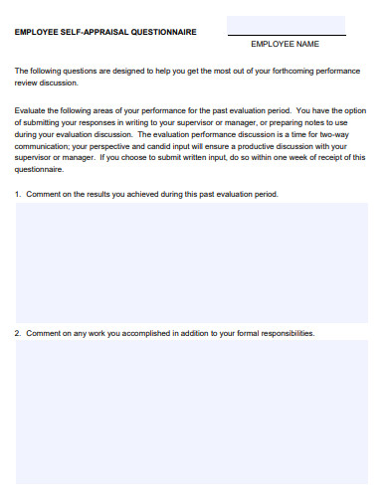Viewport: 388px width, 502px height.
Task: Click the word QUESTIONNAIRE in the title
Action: [x=162, y=32]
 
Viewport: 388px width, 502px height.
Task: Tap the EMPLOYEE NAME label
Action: [x=285, y=45]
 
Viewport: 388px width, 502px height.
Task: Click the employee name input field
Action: [x=286, y=25]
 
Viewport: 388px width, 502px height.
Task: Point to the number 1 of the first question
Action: [x=17, y=194]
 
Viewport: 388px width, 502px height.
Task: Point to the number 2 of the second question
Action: [x=17, y=333]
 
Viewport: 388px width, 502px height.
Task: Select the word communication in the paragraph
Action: [x=43, y=145]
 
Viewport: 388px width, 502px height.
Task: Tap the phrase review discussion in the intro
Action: [x=48, y=84]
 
